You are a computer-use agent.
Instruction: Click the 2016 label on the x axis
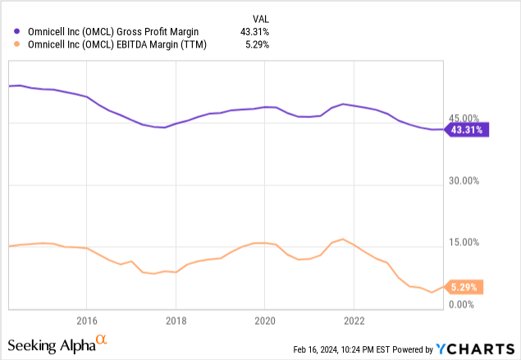[87, 320]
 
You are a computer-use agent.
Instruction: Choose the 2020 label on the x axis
[264, 320]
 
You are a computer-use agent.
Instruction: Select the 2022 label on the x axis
[354, 320]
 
